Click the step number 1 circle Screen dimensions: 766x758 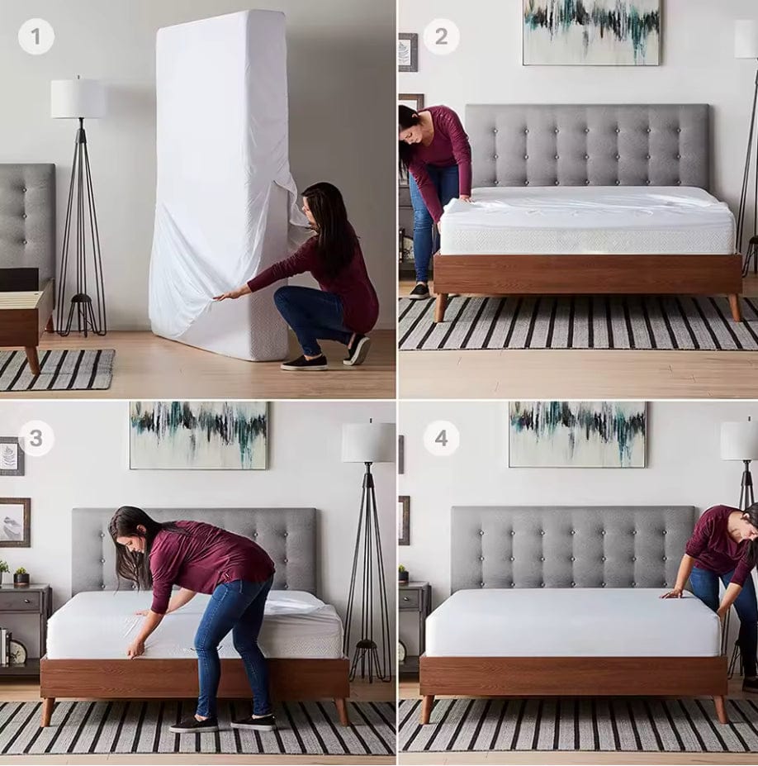[36, 36]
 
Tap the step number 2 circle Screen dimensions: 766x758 [442, 36]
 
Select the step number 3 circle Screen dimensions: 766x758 [36, 438]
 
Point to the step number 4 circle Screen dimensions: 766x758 [442, 438]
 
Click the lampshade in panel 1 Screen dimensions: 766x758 [78, 98]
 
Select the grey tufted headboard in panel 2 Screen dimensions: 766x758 [586, 145]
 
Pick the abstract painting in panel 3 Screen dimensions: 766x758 [199, 435]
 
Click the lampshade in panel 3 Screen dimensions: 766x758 [368, 442]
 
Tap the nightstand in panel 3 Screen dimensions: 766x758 [24, 624]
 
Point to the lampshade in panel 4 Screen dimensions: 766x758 [740, 440]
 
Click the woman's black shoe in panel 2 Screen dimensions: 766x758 [419, 291]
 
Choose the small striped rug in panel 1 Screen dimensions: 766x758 [56, 369]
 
